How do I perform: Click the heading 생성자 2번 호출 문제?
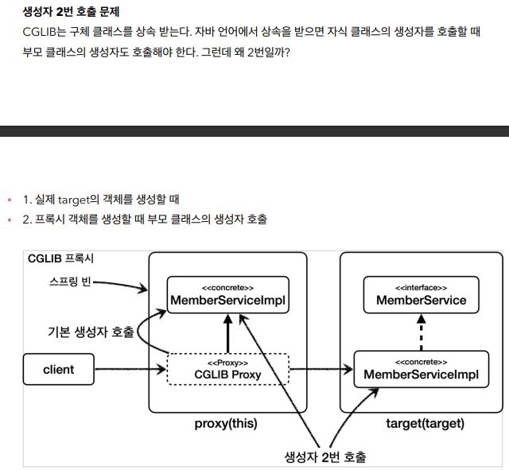pyautogui.click(x=71, y=12)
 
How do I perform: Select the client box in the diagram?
pyautogui.click(x=59, y=369)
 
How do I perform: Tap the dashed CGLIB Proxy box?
pyautogui.click(x=227, y=369)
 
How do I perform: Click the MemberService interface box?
pyautogui.click(x=421, y=294)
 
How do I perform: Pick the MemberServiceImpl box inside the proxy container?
pyautogui.click(x=227, y=294)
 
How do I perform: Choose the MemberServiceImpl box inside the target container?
pyautogui.click(x=421, y=369)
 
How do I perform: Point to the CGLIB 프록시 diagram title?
pyautogui.click(x=60, y=259)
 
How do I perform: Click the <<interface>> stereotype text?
pyautogui.click(x=421, y=286)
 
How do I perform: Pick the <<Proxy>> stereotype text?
pyautogui.click(x=227, y=362)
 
